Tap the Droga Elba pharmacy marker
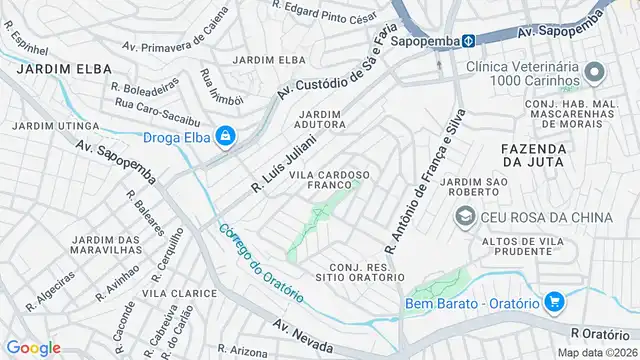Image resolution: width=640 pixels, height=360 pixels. (227, 137)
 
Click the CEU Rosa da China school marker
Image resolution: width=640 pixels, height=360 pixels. (465, 216)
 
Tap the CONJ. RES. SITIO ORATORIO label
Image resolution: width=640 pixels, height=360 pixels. (359, 271)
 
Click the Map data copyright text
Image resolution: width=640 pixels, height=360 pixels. (596, 352)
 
